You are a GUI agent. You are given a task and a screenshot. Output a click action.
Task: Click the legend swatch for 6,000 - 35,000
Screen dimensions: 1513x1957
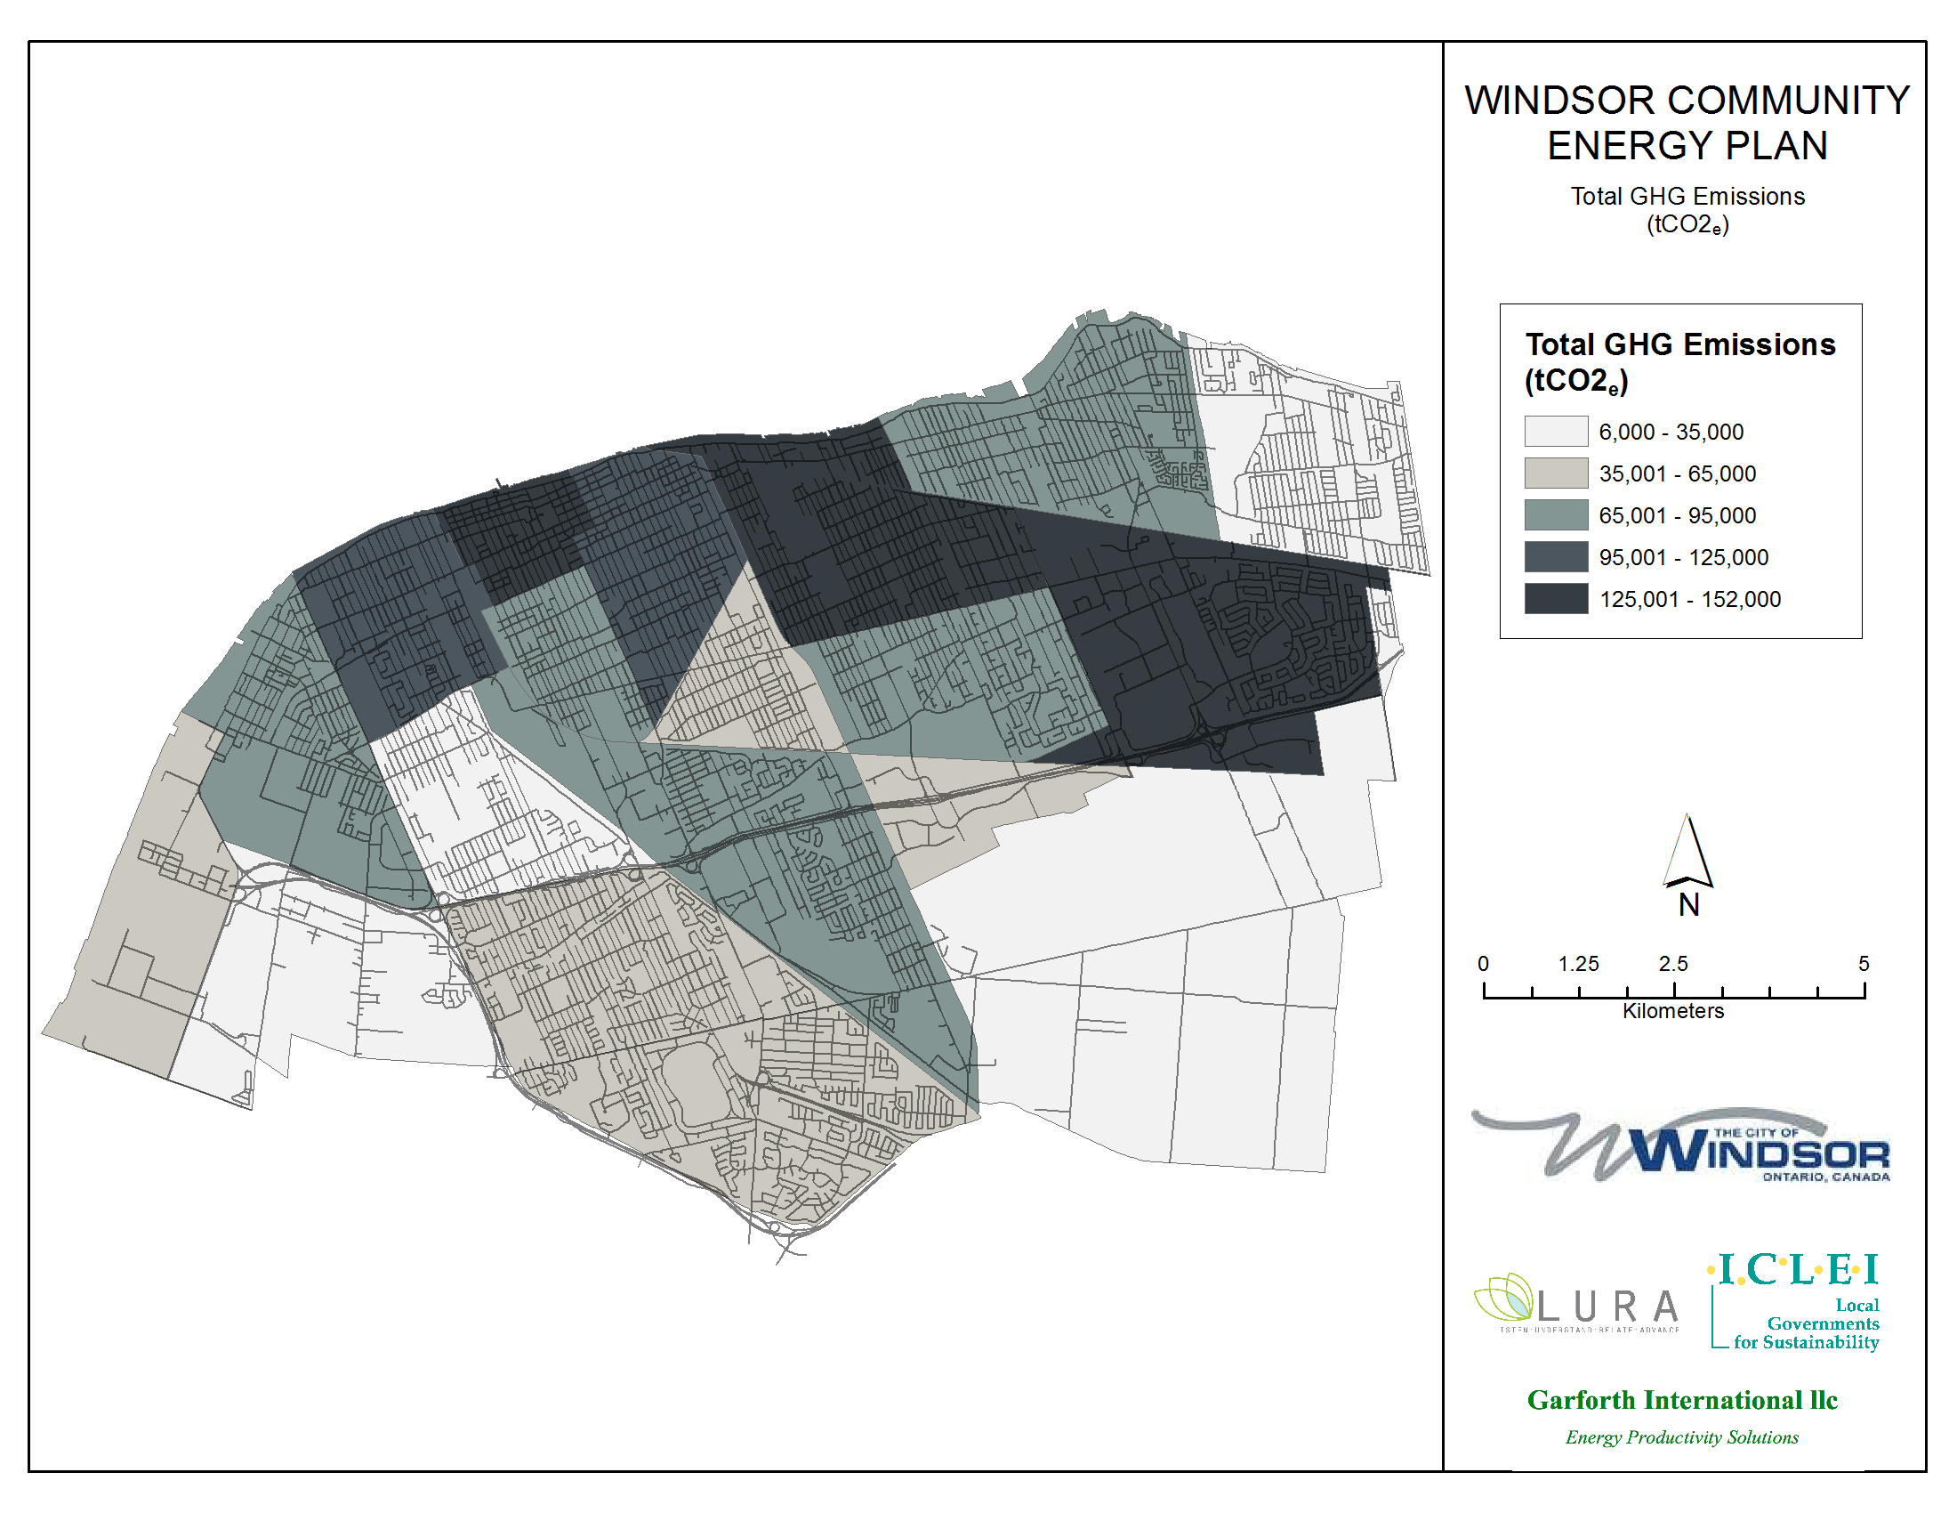[x=1556, y=431]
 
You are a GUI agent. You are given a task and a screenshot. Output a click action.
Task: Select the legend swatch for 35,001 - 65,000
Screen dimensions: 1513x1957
[x=1556, y=473]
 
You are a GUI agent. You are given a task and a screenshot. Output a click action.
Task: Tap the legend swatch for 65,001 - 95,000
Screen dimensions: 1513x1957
[x=1556, y=515]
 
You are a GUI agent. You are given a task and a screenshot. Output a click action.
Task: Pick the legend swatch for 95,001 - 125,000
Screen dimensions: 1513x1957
[x=1556, y=556]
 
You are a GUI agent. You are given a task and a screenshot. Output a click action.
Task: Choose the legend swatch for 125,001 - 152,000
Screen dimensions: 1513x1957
[x=1556, y=599]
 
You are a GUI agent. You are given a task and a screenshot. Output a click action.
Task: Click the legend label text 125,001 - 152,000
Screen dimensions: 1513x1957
[x=1689, y=599]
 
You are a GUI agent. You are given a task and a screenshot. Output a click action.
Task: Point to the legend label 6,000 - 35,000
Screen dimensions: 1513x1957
[x=1671, y=432]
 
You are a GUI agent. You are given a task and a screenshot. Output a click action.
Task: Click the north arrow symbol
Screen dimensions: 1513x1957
[x=1688, y=851]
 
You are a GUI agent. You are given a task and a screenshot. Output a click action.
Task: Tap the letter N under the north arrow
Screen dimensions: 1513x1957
[x=1688, y=905]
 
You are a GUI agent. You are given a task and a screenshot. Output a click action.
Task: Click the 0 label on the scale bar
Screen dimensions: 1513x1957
[x=1483, y=964]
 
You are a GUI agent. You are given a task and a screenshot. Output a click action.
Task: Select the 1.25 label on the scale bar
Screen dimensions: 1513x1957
[x=1578, y=964]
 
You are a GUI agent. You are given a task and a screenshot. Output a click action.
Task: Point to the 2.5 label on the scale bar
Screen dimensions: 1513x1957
[x=1672, y=964]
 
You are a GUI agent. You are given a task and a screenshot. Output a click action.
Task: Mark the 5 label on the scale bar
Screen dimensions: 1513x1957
[x=1864, y=964]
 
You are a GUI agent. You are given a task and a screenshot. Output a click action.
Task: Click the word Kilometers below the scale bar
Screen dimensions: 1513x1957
[x=1673, y=1011]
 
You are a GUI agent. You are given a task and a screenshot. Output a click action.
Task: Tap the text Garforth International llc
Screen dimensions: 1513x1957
[x=1682, y=1400]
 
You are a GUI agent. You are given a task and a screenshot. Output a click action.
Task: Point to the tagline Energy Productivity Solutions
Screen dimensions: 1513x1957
[x=1681, y=1437]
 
